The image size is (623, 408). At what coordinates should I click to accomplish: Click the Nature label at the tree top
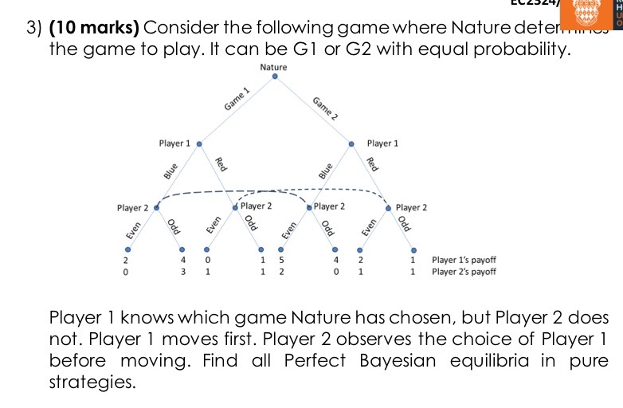(x=273, y=68)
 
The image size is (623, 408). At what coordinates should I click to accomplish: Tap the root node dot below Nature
(x=274, y=78)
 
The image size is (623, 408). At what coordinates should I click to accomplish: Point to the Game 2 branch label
(x=325, y=107)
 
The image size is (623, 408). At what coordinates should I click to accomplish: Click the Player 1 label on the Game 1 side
(x=174, y=144)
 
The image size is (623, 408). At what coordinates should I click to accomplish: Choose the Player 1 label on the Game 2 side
(x=382, y=144)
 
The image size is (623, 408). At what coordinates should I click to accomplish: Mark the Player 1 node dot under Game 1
(x=198, y=144)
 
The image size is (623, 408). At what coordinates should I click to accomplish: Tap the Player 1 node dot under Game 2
(x=351, y=144)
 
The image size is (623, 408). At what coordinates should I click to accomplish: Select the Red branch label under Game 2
(x=371, y=164)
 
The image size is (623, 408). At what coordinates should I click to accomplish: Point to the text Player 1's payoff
(x=464, y=260)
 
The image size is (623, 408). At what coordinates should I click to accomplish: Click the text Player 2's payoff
(x=464, y=272)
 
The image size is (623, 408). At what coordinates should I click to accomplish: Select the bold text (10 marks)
(x=95, y=29)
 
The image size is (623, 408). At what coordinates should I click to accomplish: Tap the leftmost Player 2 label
(x=133, y=208)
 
